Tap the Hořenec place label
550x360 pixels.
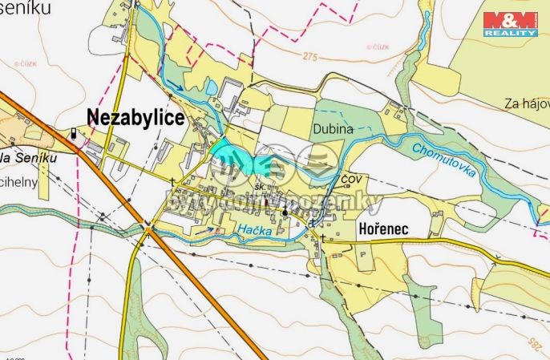point(382,229)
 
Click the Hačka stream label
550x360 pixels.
point(254,231)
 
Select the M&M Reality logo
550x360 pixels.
point(510,23)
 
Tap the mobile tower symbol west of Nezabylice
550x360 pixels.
point(75,134)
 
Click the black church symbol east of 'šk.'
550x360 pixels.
point(285,212)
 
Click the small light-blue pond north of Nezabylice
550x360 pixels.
point(210,85)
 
